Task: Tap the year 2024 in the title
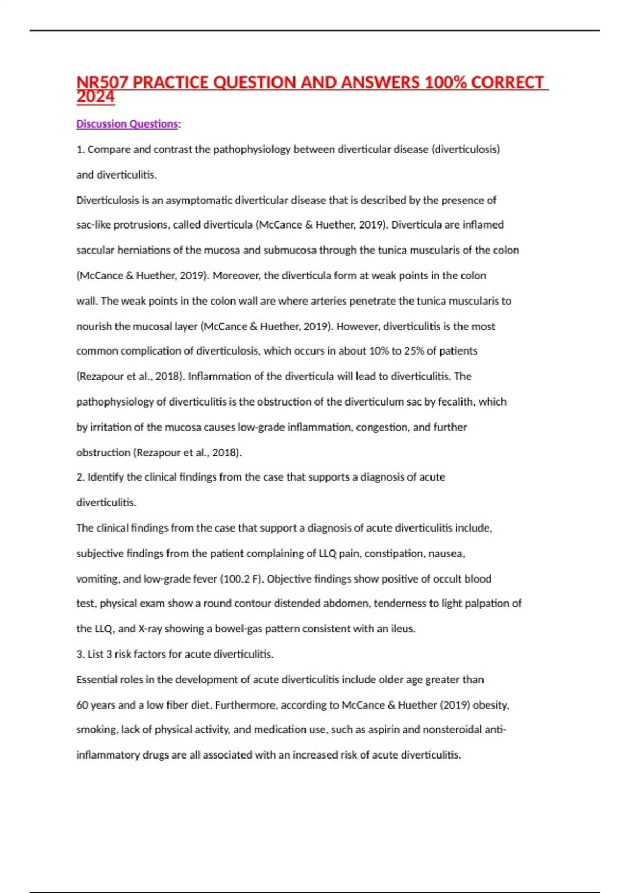coord(95,97)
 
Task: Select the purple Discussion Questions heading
coord(127,124)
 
